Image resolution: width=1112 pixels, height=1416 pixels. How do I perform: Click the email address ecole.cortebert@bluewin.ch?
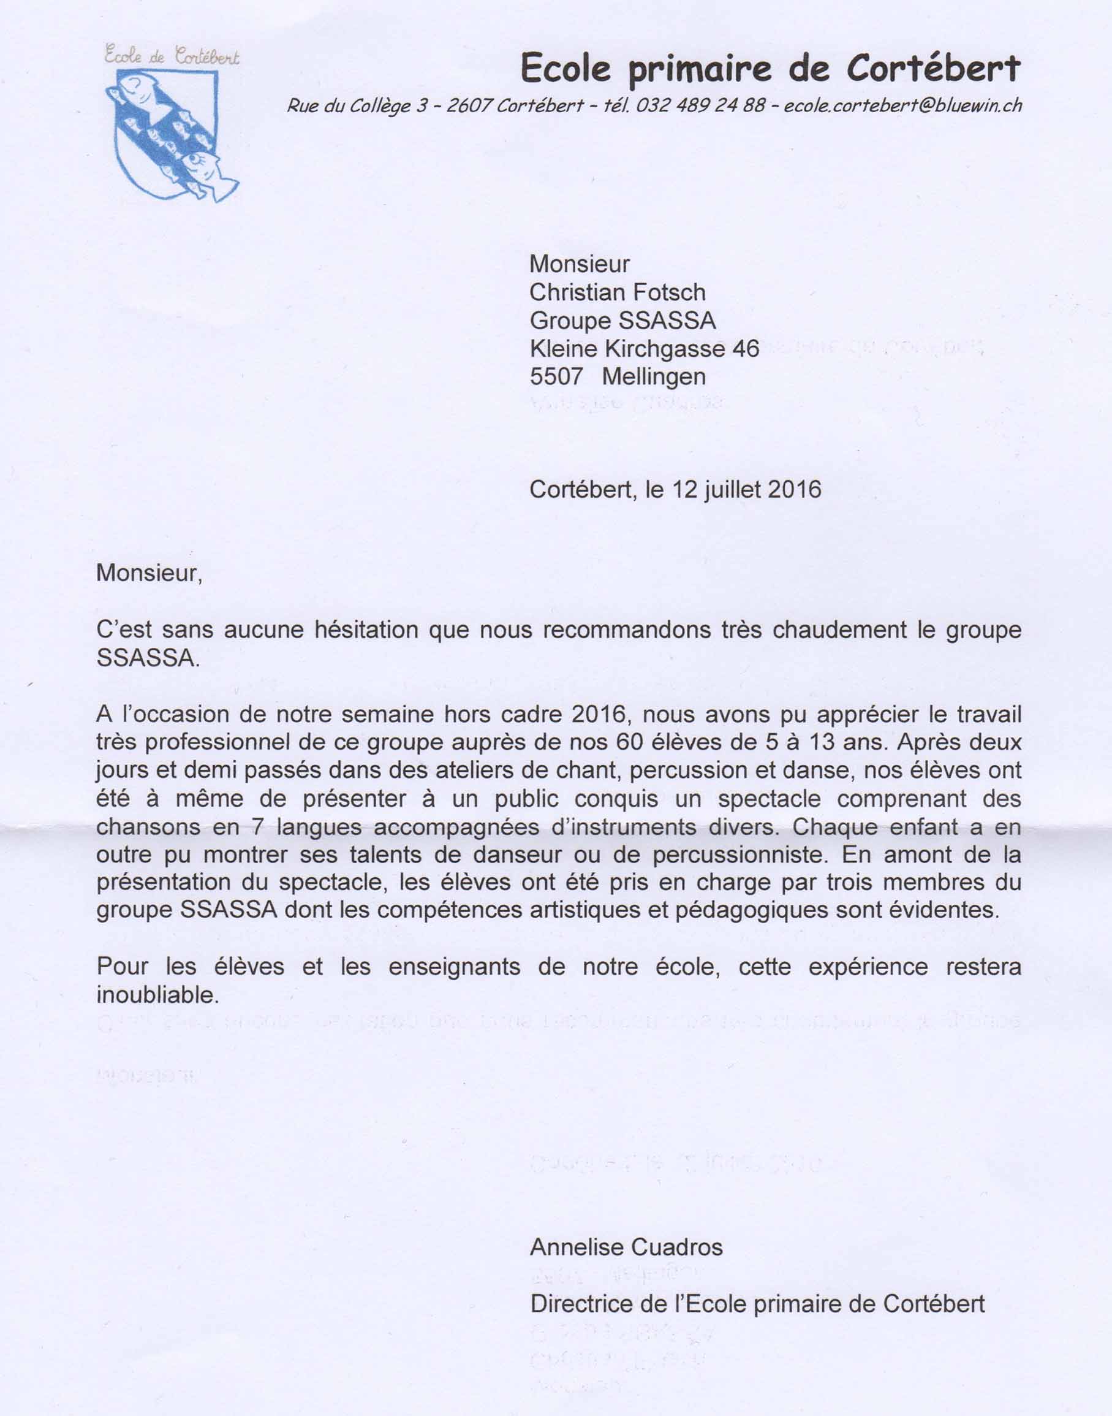[902, 105]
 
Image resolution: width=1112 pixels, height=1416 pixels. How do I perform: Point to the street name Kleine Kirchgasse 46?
[645, 349]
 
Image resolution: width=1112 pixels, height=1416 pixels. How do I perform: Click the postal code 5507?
[556, 377]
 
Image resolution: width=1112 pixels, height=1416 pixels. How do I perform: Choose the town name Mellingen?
[654, 377]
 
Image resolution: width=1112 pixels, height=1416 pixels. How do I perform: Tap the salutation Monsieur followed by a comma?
[149, 573]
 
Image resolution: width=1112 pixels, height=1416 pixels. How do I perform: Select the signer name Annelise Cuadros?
[626, 1247]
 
